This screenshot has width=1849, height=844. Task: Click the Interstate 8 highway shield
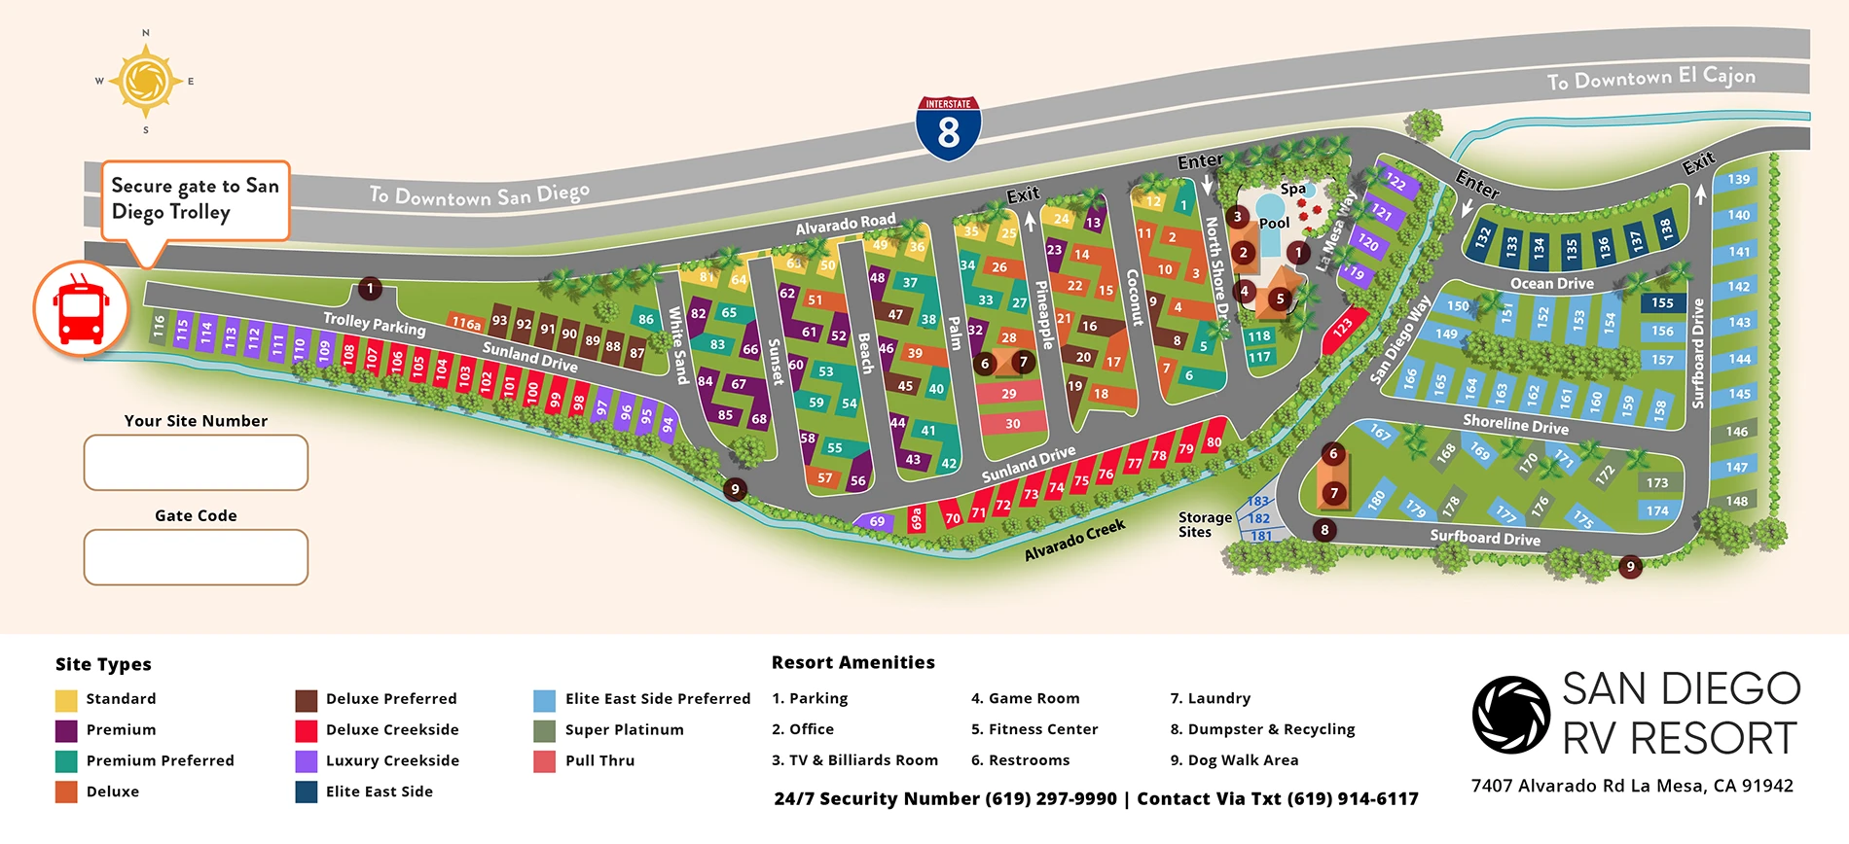[948, 127]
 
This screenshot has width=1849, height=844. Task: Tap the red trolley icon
[81, 308]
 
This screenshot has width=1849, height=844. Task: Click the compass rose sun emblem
[146, 82]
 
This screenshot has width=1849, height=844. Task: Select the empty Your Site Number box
[196, 462]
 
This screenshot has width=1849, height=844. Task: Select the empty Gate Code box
[196, 557]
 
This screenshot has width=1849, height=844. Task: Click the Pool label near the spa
[1274, 223]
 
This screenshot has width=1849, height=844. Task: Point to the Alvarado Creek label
[1074, 540]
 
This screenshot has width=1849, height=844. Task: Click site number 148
[1737, 502]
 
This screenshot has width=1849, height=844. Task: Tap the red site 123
[1344, 329]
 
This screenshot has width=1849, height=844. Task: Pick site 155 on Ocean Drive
[1662, 303]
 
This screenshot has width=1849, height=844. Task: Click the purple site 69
[876, 522]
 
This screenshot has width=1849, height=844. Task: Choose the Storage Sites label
[1204, 525]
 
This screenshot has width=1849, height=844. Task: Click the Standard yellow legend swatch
[66, 699]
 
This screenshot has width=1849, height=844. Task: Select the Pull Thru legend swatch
[545, 761]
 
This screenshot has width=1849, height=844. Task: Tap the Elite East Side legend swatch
[307, 792]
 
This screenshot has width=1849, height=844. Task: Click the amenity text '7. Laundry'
[1210, 698]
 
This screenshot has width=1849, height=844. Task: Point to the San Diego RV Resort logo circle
[1510, 716]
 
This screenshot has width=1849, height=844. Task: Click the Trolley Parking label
[375, 324]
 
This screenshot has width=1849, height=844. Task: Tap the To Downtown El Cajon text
[1650, 79]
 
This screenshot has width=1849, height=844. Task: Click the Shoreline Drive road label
[1515, 424]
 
